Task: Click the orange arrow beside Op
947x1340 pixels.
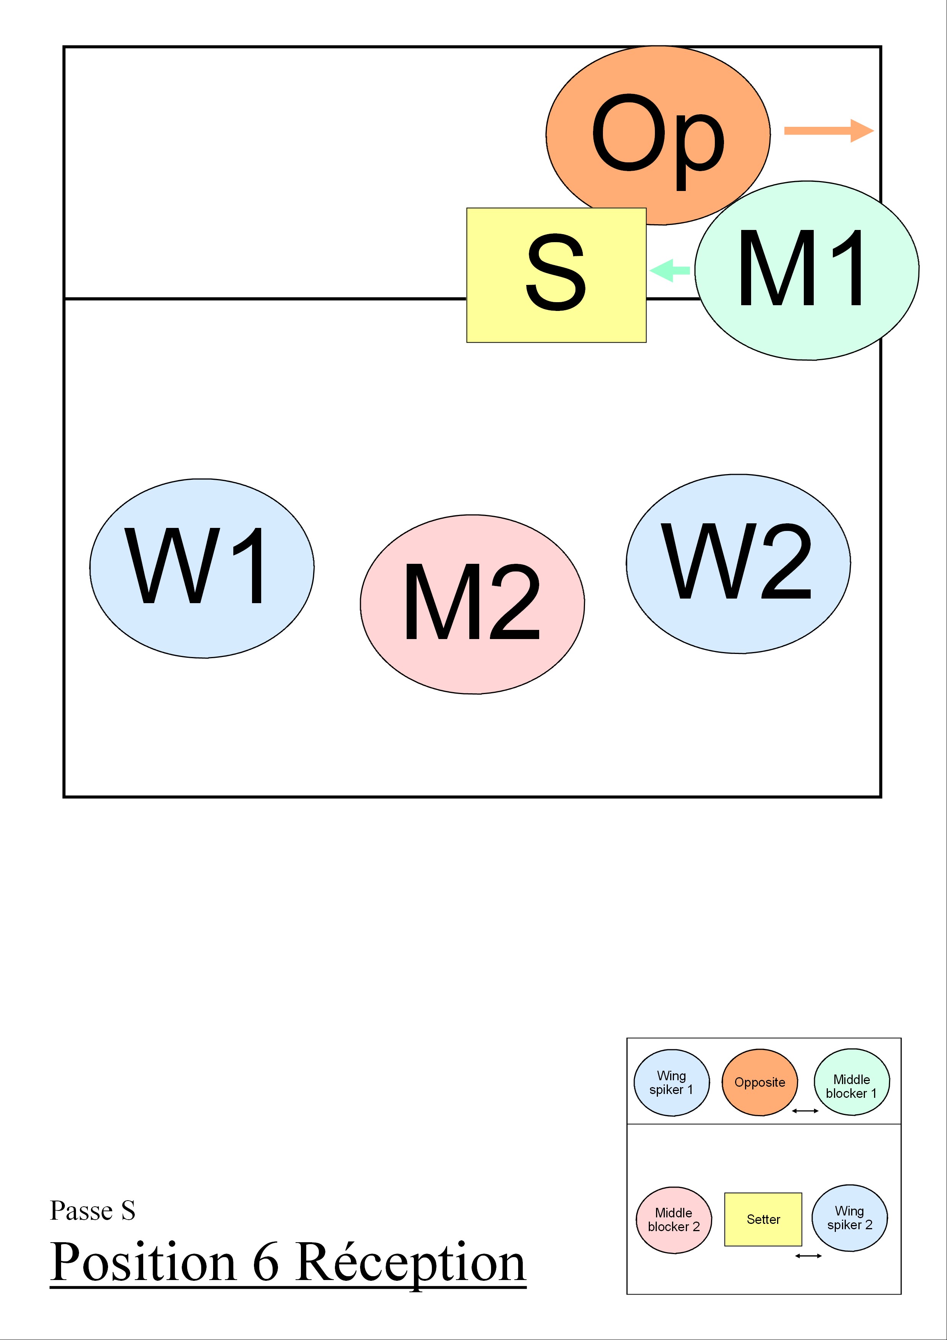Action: click(x=829, y=131)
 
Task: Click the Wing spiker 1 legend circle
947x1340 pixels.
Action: click(x=672, y=1083)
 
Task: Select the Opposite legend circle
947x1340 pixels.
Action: click(x=760, y=1082)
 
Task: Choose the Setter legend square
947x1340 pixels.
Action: click(x=763, y=1219)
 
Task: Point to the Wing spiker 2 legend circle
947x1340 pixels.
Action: click(x=850, y=1218)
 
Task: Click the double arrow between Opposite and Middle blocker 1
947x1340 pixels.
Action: click(x=805, y=1111)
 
